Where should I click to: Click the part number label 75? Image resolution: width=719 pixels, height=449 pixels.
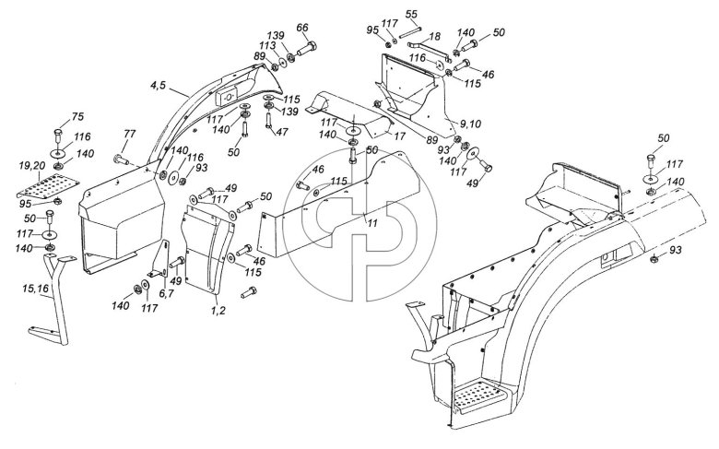coord(78,116)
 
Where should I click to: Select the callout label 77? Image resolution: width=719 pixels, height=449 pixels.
coord(130,134)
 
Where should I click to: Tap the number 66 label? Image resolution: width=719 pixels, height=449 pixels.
coord(302,28)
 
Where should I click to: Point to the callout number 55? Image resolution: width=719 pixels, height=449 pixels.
coord(411,14)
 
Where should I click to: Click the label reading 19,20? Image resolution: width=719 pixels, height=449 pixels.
coord(32,166)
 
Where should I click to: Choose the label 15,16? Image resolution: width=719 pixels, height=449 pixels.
coord(35,289)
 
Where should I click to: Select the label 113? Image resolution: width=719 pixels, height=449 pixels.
coord(267,45)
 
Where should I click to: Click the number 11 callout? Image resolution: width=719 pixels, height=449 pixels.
coord(372,223)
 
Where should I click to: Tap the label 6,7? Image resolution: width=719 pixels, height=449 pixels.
coord(166,293)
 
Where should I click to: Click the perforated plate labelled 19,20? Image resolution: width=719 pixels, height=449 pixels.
coord(48,185)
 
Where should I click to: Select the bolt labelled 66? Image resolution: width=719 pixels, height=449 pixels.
coord(307,48)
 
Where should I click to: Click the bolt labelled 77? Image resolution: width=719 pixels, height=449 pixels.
coord(121,160)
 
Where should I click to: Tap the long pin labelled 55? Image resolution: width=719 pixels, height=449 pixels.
coord(410,33)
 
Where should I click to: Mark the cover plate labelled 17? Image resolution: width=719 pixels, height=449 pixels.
coord(348,112)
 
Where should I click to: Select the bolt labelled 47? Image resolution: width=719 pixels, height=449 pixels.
coord(269,121)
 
